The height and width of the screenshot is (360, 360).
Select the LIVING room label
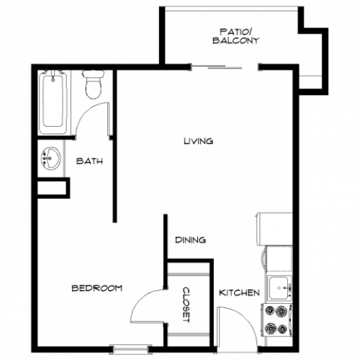(x=198, y=141)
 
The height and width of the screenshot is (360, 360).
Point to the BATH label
(x=90, y=161)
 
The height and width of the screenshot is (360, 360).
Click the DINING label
(x=192, y=240)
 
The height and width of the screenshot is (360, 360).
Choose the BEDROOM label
(x=96, y=288)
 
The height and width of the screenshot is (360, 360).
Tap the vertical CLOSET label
(x=186, y=305)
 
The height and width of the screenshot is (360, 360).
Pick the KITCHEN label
(x=239, y=292)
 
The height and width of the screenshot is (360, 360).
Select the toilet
(x=93, y=86)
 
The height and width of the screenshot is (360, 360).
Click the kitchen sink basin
(x=279, y=288)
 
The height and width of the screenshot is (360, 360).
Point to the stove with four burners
(x=277, y=319)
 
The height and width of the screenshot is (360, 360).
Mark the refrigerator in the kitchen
(x=275, y=229)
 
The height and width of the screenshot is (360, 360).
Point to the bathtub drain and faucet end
(x=54, y=75)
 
